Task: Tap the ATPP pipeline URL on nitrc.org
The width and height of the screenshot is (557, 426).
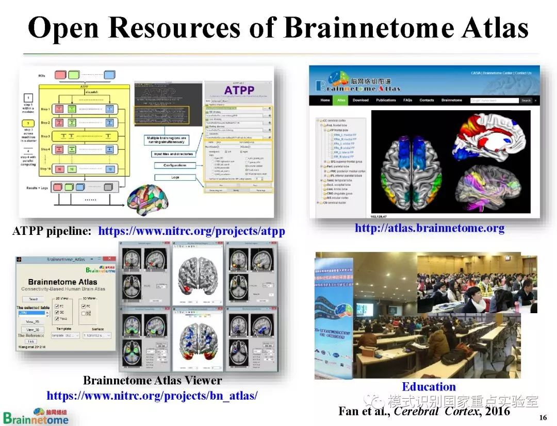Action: pos(191,231)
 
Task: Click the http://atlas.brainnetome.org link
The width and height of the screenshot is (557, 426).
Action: pos(429,228)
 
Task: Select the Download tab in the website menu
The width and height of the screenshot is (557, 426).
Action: pos(361,100)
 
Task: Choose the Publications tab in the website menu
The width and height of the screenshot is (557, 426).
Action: pos(386,100)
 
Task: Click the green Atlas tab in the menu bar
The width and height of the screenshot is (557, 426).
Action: pos(341,100)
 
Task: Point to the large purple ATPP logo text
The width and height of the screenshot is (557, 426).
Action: pos(239,90)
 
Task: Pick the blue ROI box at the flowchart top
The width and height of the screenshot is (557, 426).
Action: pos(109,75)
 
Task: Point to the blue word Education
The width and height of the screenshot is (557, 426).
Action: pos(429,387)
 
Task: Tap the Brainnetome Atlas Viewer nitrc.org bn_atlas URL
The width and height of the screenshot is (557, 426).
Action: pos(152,396)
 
